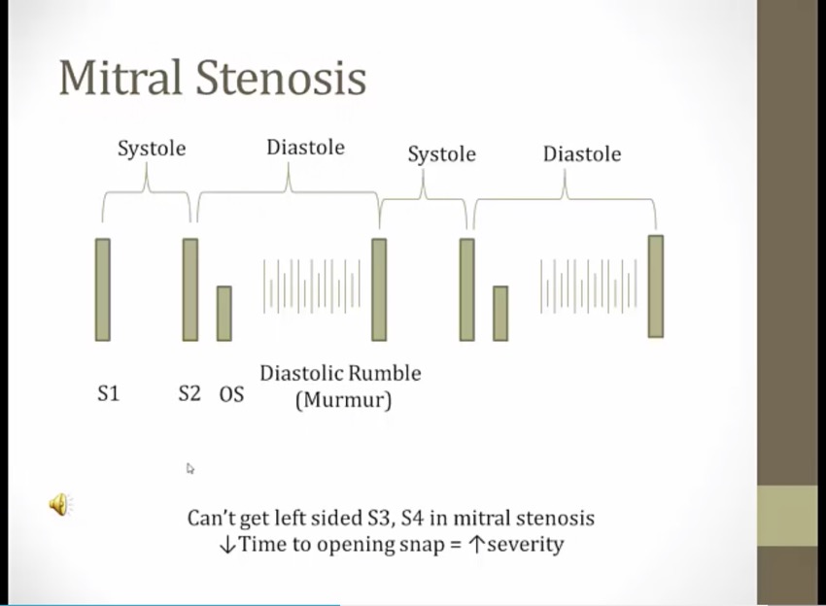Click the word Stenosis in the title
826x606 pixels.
(x=281, y=78)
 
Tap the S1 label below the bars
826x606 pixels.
(x=109, y=393)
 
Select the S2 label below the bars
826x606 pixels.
(x=189, y=393)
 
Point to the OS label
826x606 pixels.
(x=232, y=394)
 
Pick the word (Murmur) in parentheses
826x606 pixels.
(x=343, y=400)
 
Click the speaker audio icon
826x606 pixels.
(x=61, y=504)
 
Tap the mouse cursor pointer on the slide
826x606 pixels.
(x=190, y=469)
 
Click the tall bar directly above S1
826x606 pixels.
(x=103, y=289)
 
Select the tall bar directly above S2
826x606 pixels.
(x=190, y=289)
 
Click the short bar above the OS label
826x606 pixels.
(x=224, y=314)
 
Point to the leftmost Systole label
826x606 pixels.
(x=152, y=149)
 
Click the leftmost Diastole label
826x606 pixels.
(x=305, y=148)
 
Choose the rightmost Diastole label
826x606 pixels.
(x=582, y=154)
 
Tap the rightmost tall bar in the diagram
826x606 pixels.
(x=656, y=286)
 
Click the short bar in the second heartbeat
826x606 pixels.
(x=500, y=314)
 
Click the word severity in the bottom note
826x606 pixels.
(x=525, y=544)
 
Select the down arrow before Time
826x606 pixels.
(x=227, y=545)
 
